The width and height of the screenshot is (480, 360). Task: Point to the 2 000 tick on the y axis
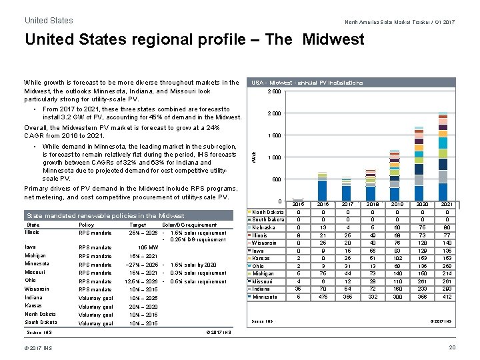coord(274,113)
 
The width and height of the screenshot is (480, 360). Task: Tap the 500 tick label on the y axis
coord(277,179)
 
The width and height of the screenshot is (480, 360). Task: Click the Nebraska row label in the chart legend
coord(263,227)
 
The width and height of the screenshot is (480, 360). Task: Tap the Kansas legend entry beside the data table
coord(261,258)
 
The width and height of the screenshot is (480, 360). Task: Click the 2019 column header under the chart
coord(397,205)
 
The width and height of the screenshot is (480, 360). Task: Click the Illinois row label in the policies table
coord(32,233)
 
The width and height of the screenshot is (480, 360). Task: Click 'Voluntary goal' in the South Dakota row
coord(95,323)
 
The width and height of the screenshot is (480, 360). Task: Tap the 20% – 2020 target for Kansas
coord(143,307)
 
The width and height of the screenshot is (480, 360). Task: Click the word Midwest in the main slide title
coord(333,39)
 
